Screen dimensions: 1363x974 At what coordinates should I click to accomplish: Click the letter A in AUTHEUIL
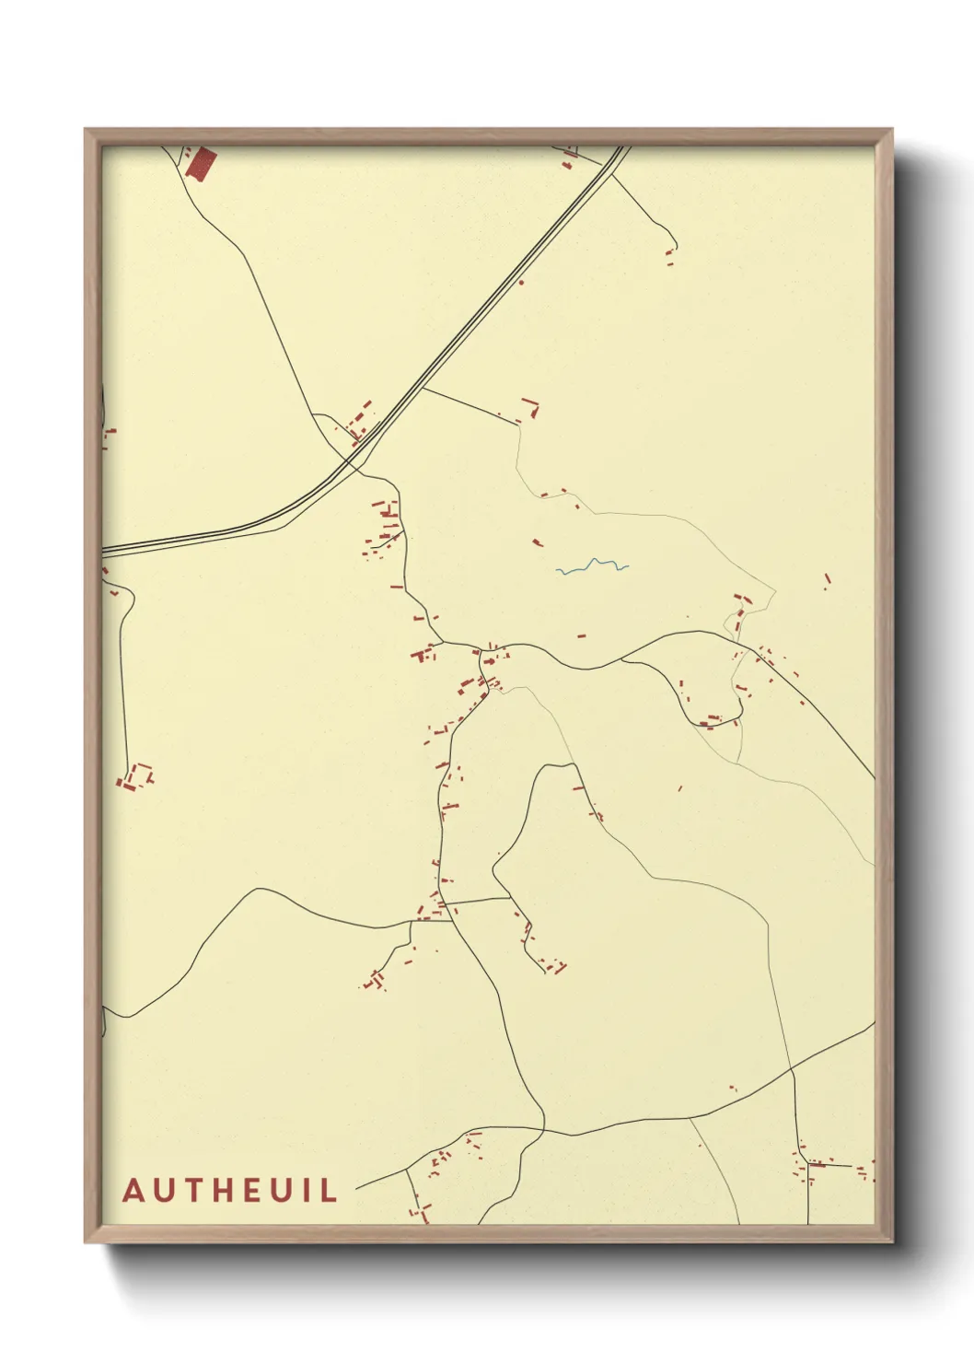(134, 1190)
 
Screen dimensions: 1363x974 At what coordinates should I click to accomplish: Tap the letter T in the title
(198, 1190)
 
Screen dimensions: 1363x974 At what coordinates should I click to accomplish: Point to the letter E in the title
(260, 1190)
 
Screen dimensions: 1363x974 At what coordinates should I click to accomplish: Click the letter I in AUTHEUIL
(309, 1190)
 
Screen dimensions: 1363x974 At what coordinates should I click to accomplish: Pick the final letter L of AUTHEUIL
(329, 1190)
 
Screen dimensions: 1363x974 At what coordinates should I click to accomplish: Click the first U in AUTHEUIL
(167, 1190)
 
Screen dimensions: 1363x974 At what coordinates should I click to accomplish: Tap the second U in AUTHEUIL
(288, 1190)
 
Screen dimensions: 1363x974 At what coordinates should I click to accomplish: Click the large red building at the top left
(201, 164)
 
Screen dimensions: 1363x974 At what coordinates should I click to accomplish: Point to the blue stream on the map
(592, 565)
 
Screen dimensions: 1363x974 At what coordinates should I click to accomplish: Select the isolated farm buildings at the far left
(134, 778)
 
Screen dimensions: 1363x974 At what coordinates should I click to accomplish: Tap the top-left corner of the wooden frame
(87, 131)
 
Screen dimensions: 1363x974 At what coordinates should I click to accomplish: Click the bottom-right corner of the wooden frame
(891, 1241)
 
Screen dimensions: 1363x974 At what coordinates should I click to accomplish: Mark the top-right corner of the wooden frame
(891, 131)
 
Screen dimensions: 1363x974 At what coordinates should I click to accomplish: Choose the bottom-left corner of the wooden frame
(87, 1241)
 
